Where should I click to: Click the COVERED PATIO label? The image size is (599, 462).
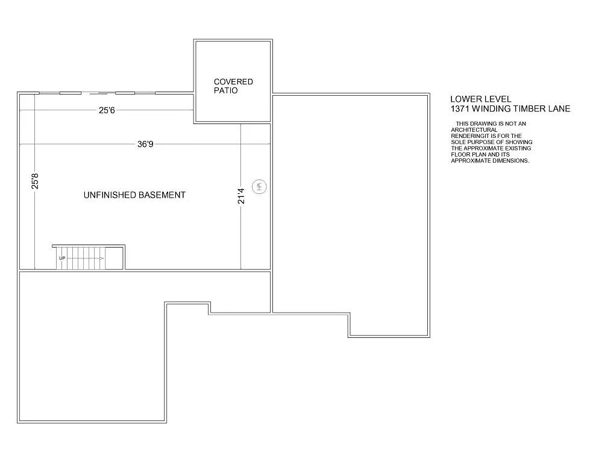tap(233, 86)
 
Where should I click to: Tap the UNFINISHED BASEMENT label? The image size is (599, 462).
tap(134, 195)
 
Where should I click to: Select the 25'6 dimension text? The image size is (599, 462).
tap(108, 110)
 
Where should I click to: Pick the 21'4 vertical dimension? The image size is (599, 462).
tap(241, 196)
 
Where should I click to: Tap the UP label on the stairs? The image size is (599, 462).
tap(62, 258)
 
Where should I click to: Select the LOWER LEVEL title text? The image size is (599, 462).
tap(480, 99)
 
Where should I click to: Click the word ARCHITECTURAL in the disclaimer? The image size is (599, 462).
tap(474, 130)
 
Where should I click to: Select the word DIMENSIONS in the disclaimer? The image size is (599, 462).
tap(507, 161)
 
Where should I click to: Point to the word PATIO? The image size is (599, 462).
tap(226, 90)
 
